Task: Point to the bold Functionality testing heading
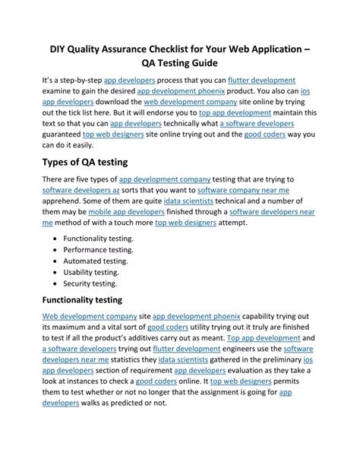coord(87,299)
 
